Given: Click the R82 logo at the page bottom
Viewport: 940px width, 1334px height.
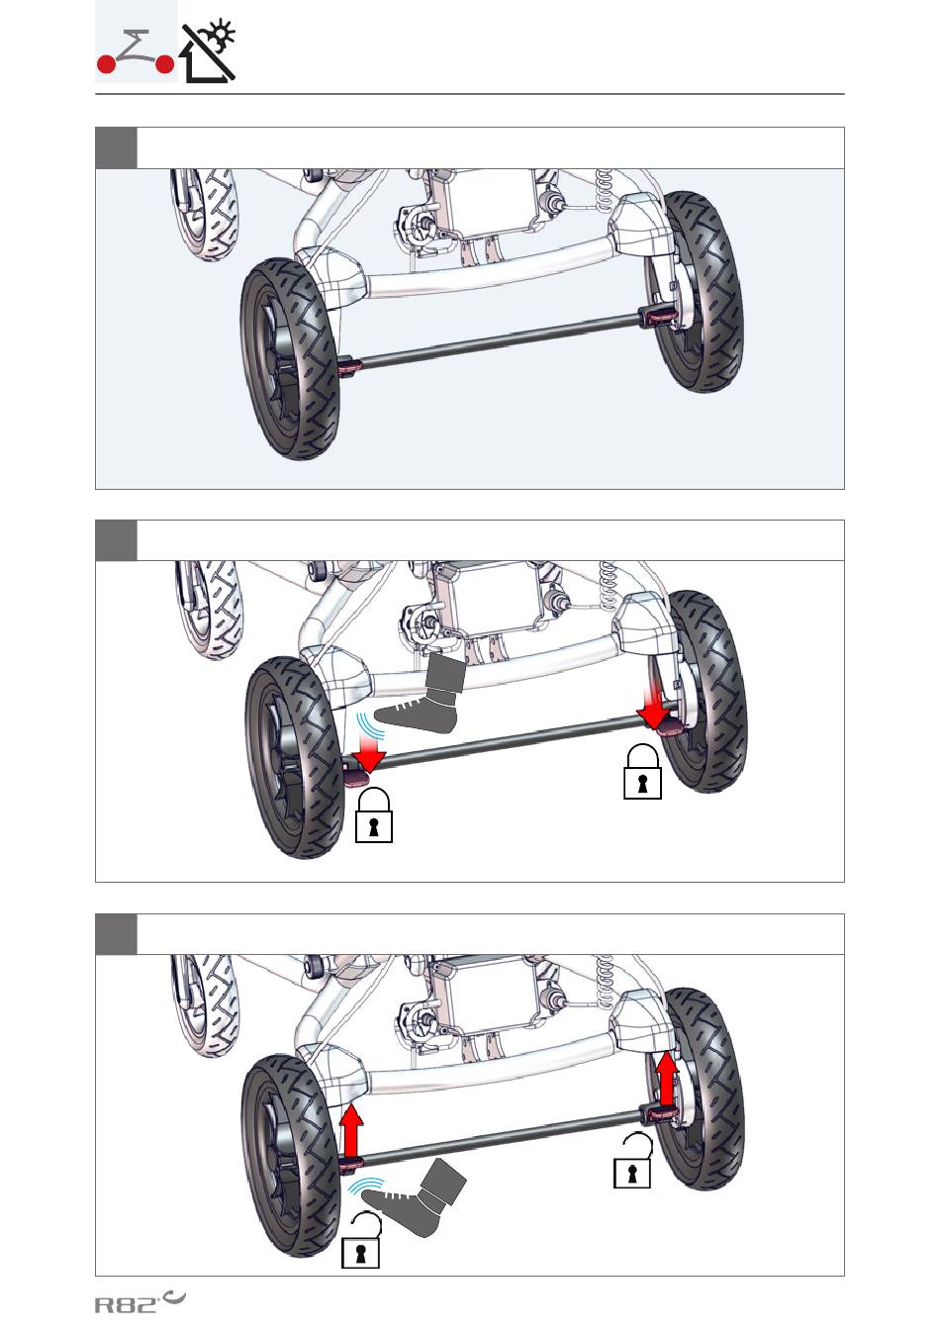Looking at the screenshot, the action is point(140,1302).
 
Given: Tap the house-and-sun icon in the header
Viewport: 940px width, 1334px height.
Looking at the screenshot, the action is point(209,50).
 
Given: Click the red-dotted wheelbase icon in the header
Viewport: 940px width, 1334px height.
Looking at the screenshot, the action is point(136,53).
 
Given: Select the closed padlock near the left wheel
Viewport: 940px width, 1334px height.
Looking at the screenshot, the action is point(373,815).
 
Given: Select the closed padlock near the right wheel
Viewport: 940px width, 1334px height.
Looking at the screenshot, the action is point(642,771).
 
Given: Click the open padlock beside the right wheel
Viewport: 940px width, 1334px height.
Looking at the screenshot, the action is point(633,1161).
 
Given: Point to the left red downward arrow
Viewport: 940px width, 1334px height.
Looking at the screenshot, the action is point(368,750).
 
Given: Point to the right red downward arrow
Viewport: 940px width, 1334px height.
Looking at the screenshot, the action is point(654,705).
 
